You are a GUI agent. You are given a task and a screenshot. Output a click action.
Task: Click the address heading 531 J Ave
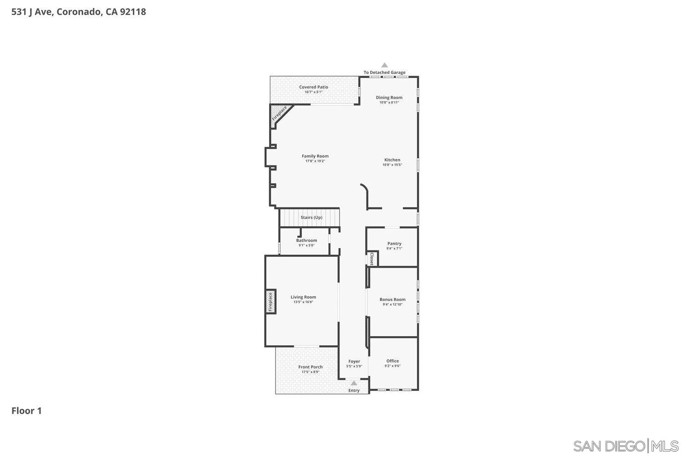78,12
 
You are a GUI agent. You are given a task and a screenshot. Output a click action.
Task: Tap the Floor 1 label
26,411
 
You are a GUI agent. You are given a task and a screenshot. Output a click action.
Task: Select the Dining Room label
389,98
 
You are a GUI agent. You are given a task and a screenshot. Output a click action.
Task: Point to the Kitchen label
392,160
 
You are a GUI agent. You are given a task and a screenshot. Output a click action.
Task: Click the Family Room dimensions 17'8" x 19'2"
315,161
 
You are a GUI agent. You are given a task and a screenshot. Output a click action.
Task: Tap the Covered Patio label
313,87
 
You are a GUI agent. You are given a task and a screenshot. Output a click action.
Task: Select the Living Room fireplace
270,302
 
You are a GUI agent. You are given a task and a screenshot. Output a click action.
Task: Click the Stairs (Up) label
311,218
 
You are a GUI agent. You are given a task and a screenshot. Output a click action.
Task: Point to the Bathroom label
306,240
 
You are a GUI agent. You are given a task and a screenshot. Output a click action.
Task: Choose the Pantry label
394,244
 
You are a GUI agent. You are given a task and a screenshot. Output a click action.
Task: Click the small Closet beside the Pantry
372,259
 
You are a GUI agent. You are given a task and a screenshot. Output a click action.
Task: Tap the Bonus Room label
392,300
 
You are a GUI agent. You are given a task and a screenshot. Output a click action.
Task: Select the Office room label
392,361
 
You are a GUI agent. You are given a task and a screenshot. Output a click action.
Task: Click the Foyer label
354,362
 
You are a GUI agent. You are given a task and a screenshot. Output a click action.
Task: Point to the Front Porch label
310,367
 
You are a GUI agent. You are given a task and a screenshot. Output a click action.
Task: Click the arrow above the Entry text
354,383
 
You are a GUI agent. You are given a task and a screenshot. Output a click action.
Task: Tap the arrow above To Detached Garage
384,65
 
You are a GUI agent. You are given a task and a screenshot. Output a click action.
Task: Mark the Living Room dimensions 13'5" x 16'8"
303,302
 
